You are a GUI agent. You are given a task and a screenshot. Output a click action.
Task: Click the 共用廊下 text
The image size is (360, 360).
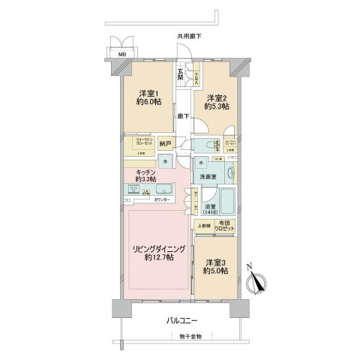189,36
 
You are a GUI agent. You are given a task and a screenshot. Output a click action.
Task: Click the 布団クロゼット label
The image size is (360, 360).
226,228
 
